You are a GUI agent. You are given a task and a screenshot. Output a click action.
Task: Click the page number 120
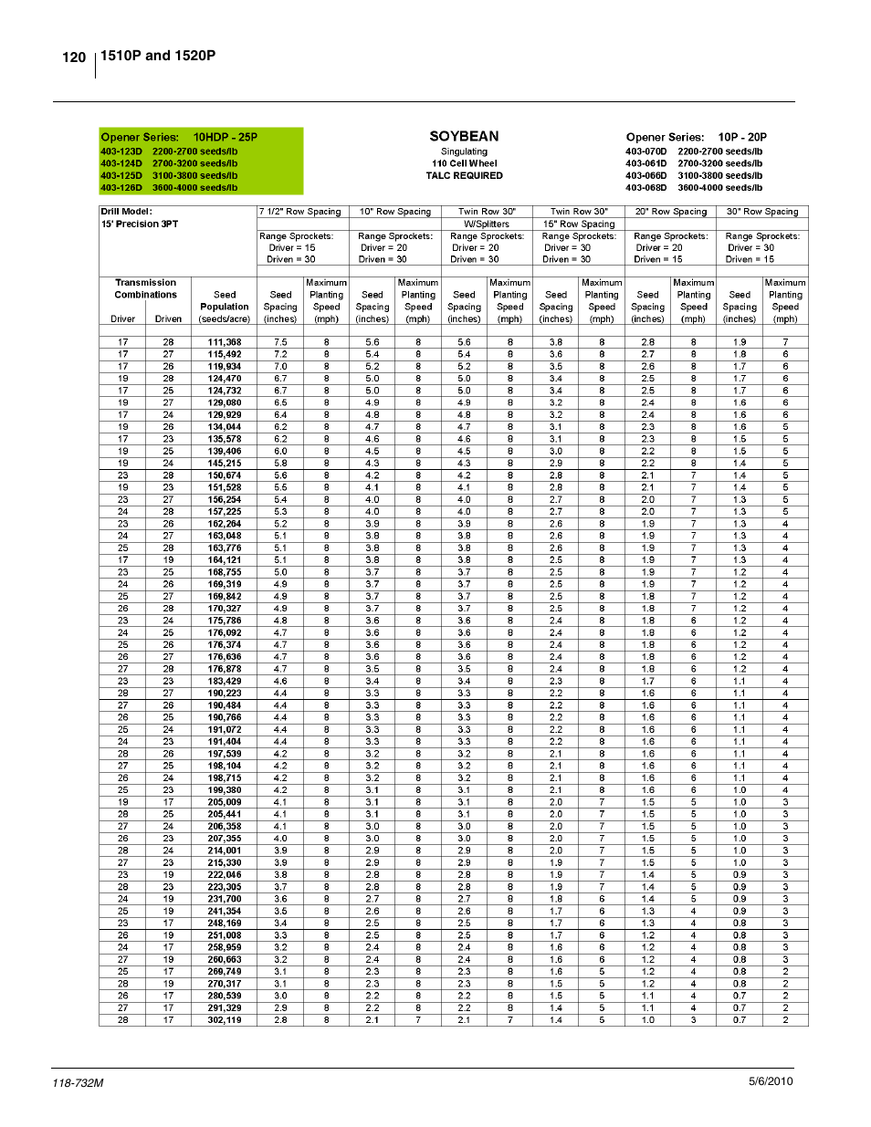pos(74,57)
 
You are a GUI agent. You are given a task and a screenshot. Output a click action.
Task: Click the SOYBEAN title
pos(464,136)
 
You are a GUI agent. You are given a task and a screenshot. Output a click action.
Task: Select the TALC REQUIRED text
pos(464,175)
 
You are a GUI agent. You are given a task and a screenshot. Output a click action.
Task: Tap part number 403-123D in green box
pos(121,151)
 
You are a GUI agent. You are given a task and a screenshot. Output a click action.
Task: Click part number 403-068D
pos(645,187)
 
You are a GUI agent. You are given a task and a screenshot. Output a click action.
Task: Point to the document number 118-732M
pos(78,1082)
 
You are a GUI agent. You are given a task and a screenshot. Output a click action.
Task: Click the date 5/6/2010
pos(771,1081)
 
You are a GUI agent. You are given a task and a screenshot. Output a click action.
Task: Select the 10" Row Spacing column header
pos(394,212)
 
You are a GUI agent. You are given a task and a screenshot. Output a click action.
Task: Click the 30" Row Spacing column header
pos(761,212)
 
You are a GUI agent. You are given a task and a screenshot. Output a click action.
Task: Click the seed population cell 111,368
pos(224,342)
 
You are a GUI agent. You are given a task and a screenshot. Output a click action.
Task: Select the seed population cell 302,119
pos(224,1020)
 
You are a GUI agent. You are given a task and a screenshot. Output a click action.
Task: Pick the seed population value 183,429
pos(224,681)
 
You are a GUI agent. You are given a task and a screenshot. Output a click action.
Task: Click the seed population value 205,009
pos(224,802)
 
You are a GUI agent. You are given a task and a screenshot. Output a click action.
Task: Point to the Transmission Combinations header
pos(145,288)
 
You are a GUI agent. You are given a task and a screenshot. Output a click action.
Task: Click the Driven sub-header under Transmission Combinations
pos(168,319)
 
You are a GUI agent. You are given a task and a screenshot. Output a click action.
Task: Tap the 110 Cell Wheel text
pos(464,163)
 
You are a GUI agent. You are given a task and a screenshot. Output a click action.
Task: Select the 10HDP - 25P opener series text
pos(225,137)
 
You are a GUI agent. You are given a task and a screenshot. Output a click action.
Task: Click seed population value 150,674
pos(224,475)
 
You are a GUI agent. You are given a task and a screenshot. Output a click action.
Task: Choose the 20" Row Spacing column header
pos(670,212)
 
